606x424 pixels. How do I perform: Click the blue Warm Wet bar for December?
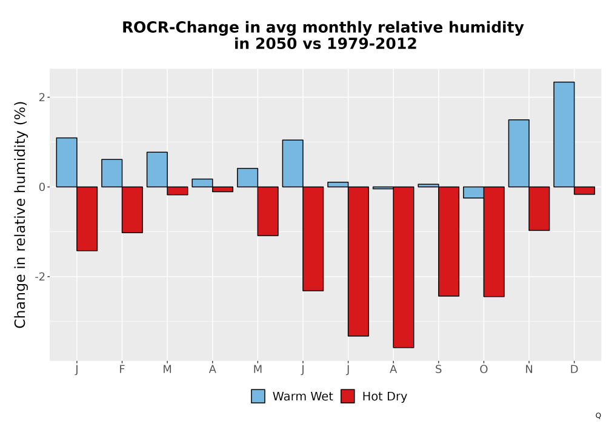click(564, 134)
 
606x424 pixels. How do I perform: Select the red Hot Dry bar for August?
click(404, 267)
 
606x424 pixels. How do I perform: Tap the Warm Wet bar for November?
click(519, 153)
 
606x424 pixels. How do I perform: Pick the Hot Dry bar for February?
click(132, 210)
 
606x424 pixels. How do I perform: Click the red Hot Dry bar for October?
click(494, 242)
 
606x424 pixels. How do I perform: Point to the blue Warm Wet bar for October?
click(473, 192)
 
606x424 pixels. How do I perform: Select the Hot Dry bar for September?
click(448, 241)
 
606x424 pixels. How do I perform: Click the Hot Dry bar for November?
click(539, 208)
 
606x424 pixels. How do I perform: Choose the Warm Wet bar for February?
click(112, 173)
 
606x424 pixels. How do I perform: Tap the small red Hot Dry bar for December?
click(584, 190)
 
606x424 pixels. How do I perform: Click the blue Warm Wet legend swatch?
click(258, 396)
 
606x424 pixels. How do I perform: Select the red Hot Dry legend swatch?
click(347, 396)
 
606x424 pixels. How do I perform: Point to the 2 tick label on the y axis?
click(42, 98)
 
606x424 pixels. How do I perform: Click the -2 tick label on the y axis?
click(40, 277)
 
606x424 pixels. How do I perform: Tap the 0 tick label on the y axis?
click(42, 187)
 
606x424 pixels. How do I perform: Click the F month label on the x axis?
click(122, 369)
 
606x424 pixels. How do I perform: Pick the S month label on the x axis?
click(438, 369)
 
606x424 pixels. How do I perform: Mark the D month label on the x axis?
click(574, 369)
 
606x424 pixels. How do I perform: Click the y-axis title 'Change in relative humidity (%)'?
click(20, 214)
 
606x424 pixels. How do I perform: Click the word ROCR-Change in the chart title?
click(181, 27)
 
